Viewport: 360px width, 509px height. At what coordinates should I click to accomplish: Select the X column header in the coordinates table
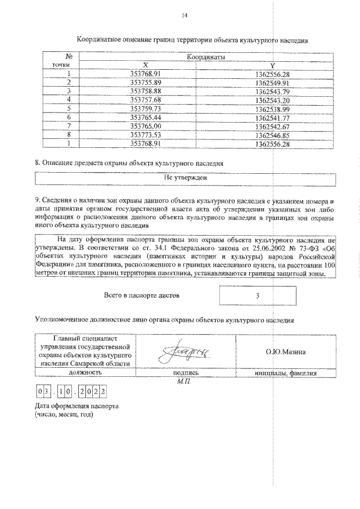point(145,65)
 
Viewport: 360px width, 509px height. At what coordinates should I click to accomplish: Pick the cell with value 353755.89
point(145,82)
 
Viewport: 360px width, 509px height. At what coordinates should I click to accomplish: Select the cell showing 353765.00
point(145,127)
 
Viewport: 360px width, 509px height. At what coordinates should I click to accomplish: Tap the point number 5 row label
point(68,109)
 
